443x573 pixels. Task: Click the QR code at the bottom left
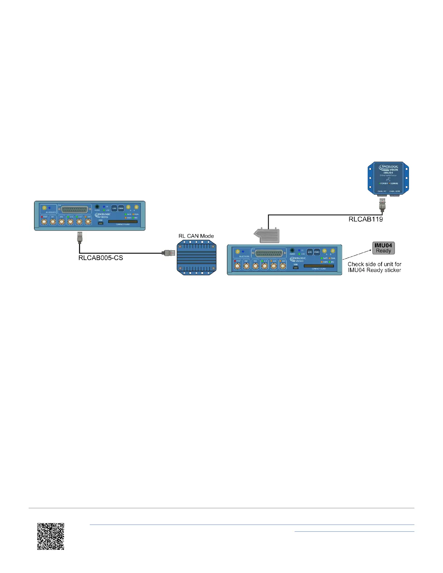pyautogui.click(x=51, y=536)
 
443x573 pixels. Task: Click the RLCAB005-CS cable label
pyautogui.click(x=101, y=258)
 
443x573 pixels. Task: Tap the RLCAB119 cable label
pyautogui.click(x=366, y=219)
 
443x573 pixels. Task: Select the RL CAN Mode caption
pyautogui.click(x=196, y=236)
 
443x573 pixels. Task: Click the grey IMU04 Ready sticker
pyautogui.click(x=383, y=248)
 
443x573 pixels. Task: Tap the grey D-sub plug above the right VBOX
pyautogui.click(x=267, y=235)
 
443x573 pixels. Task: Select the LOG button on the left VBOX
pyautogui.click(x=114, y=208)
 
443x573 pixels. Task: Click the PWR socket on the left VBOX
pyautogui.click(x=44, y=220)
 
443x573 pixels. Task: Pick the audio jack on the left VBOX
pyautogui.click(x=97, y=207)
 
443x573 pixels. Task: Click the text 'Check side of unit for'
pyautogui.click(x=374, y=264)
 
